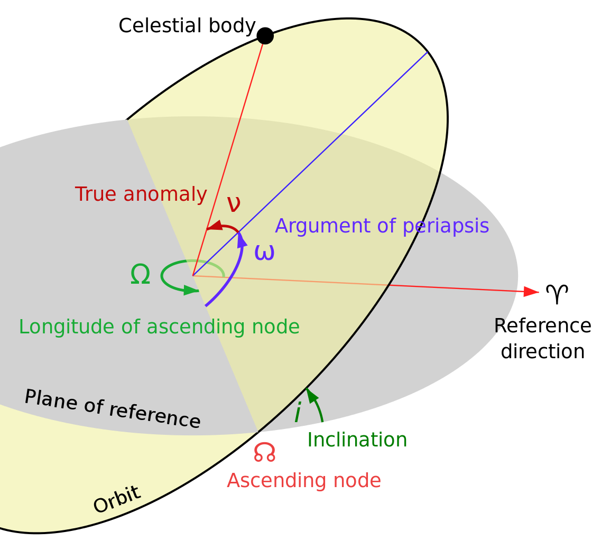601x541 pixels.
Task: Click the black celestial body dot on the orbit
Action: tap(265, 36)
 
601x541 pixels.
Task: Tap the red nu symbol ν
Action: tap(234, 203)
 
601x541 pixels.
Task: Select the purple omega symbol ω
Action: tap(264, 252)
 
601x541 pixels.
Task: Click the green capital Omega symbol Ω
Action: tap(140, 275)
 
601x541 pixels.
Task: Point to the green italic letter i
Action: tap(298, 413)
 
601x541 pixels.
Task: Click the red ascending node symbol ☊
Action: tap(264, 452)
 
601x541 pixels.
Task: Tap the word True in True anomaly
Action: tap(96, 194)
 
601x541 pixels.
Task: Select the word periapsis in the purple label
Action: tap(446, 226)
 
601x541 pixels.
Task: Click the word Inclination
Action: tap(357, 440)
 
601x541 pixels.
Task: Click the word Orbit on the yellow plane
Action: tap(117, 499)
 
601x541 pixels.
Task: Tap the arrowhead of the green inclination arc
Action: tap(310, 394)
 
